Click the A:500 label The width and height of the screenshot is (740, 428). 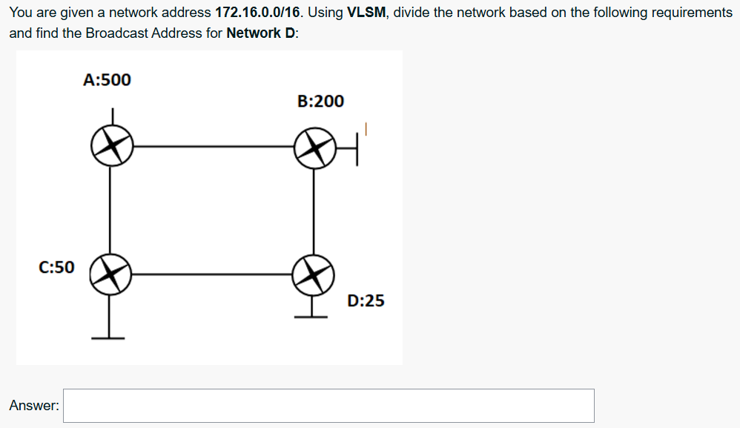click(107, 79)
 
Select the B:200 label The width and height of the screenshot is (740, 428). click(320, 101)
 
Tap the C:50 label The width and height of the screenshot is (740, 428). click(56, 267)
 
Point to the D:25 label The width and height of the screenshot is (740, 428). click(366, 300)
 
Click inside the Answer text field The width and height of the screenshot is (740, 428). click(328, 406)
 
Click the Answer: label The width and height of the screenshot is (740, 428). click(34, 406)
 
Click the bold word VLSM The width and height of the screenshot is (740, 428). click(365, 13)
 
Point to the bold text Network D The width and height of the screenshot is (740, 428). click(260, 34)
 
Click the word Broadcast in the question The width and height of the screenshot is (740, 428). click(115, 34)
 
